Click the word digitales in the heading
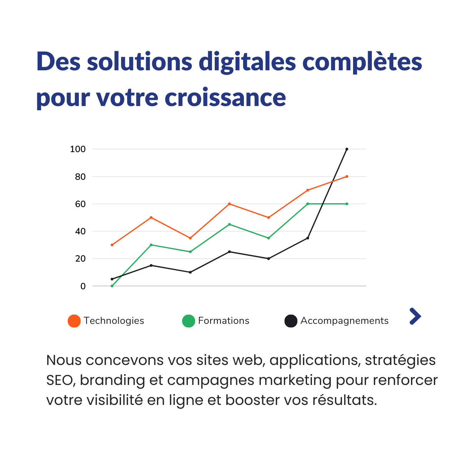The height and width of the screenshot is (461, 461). tap(247, 61)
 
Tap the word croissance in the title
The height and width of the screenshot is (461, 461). tap(226, 97)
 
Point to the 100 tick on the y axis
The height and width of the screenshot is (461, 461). tap(78, 149)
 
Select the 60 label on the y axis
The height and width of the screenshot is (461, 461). tap(80, 204)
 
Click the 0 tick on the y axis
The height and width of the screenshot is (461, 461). tap(83, 286)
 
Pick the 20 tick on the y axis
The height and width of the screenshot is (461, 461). tap(80, 259)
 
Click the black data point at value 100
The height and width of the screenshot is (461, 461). tap(347, 149)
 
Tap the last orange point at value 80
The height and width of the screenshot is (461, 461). tap(347, 176)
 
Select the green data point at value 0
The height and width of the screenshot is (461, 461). tap(112, 286)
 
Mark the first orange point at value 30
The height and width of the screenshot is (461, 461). tap(112, 245)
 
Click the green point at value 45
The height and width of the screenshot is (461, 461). tap(229, 224)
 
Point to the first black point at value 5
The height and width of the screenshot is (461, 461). tap(112, 279)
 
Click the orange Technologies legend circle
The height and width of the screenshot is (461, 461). tap(74, 321)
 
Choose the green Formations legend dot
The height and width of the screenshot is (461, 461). tap(189, 321)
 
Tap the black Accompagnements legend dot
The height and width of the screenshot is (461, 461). tap(291, 321)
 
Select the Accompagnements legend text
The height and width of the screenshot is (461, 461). tap(344, 321)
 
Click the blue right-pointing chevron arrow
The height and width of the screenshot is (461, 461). tap(415, 316)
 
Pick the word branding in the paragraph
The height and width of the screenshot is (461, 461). tap(113, 380)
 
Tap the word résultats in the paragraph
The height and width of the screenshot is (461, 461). tap(344, 400)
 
